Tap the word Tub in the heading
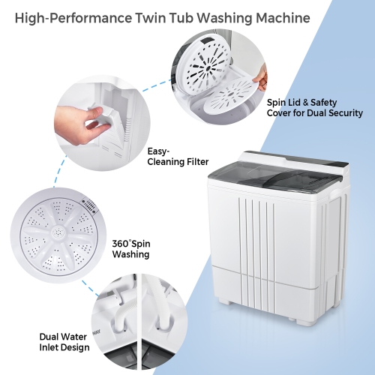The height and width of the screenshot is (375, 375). (184, 16)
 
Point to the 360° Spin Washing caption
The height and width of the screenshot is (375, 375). (130, 248)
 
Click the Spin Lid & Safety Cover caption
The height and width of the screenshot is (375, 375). (315, 108)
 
